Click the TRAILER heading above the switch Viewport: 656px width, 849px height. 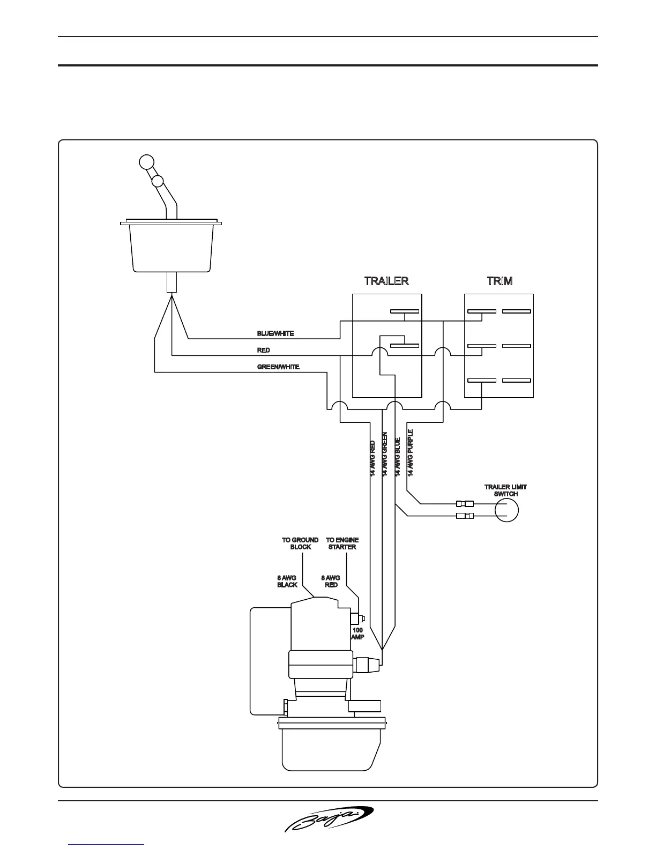(x=386, y=281)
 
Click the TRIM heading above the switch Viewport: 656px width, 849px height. (x=499, y=281)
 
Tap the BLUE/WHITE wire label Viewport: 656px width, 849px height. (x=275, y=333)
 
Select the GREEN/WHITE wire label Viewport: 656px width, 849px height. (x=278, y=367)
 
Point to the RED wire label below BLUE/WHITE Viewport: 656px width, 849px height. (x=264, y=350)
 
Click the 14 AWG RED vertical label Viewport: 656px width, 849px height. (x=372, y=459)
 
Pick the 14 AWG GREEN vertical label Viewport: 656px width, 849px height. (x=385, y=454)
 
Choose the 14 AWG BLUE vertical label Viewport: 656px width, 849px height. (x=398, y=457)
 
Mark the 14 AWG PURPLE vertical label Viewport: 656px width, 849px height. (x=411, y=453)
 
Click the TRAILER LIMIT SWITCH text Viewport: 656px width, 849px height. (x=505, y=490)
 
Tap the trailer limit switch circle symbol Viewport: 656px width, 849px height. (x=506, y=510)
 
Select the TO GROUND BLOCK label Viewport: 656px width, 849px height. (x=300, y=543)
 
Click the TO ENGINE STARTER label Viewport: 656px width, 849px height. (x=342, y=543)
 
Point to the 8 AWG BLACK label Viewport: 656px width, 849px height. (x=287, y=581)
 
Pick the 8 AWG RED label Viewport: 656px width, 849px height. (x=331, y=581)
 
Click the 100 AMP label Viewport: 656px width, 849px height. (x=357, y=634)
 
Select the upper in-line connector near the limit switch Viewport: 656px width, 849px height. (x=465, y=504)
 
